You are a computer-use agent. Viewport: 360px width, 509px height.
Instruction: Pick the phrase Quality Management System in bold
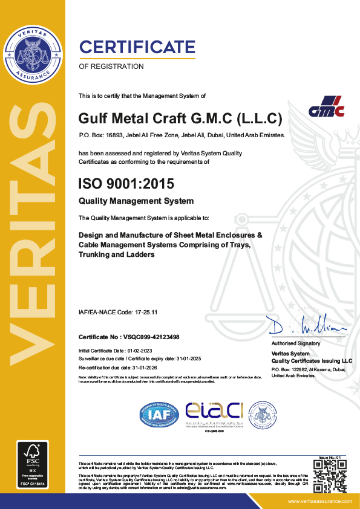point(136,201)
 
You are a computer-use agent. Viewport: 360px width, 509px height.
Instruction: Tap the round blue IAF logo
point(159,414)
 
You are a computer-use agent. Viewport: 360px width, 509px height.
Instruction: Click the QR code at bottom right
point(330,476)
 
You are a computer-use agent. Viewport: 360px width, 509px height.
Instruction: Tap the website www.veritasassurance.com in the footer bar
point(319,501)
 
